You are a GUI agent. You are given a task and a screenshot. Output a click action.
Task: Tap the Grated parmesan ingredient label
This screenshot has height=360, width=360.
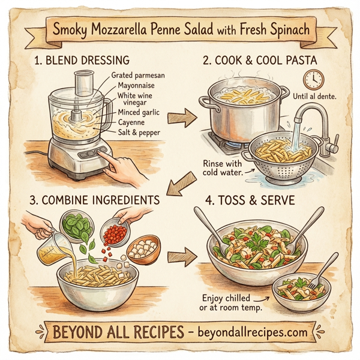(x=137, y=76)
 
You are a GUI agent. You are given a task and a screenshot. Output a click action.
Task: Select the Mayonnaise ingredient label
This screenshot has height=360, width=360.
(x=133, y=86)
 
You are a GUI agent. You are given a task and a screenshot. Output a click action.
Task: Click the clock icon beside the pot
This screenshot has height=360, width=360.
(x=313, y=79)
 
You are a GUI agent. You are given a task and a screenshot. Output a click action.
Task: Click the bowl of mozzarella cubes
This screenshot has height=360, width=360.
(x=143, y=247)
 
